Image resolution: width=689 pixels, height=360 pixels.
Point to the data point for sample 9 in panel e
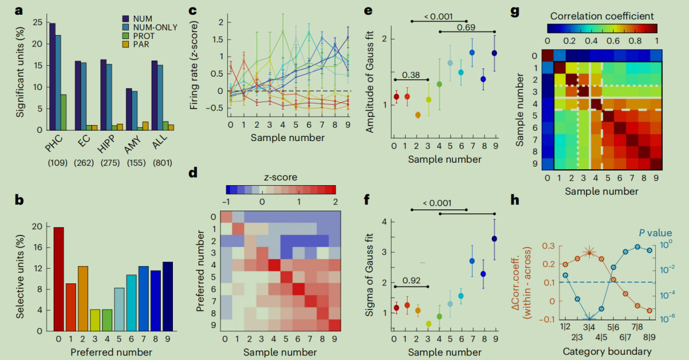494,53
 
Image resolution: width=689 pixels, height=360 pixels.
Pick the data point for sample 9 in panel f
494,239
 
